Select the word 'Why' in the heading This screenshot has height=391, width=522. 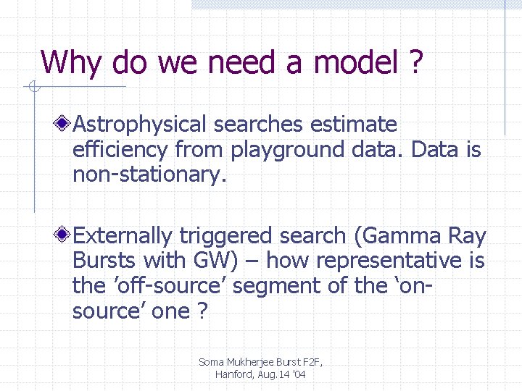71,64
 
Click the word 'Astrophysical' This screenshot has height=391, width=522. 143,125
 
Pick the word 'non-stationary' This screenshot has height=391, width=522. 149,175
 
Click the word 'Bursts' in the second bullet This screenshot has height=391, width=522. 105,261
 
